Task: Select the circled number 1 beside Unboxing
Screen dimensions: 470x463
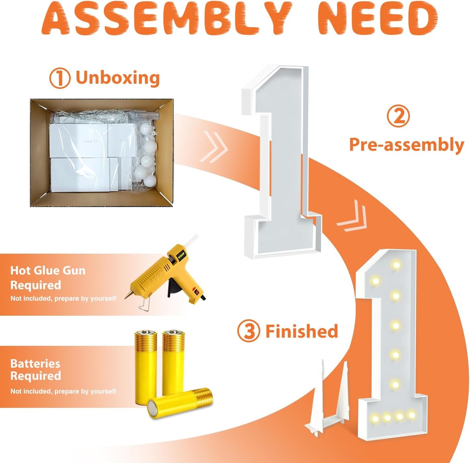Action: click(60, 79)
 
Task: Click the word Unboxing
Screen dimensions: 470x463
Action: click(117, 78)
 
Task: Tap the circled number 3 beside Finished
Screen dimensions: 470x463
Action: click(248, 331)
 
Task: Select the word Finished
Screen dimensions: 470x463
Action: click(302, 331)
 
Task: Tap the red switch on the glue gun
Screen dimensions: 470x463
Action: click(195, 291)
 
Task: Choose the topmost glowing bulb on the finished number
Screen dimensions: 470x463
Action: click(396, 265)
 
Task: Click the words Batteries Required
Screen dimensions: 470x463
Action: click(35, 370)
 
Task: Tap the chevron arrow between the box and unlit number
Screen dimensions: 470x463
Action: click(214, 147)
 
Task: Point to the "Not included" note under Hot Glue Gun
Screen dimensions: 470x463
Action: click(63, 298)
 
